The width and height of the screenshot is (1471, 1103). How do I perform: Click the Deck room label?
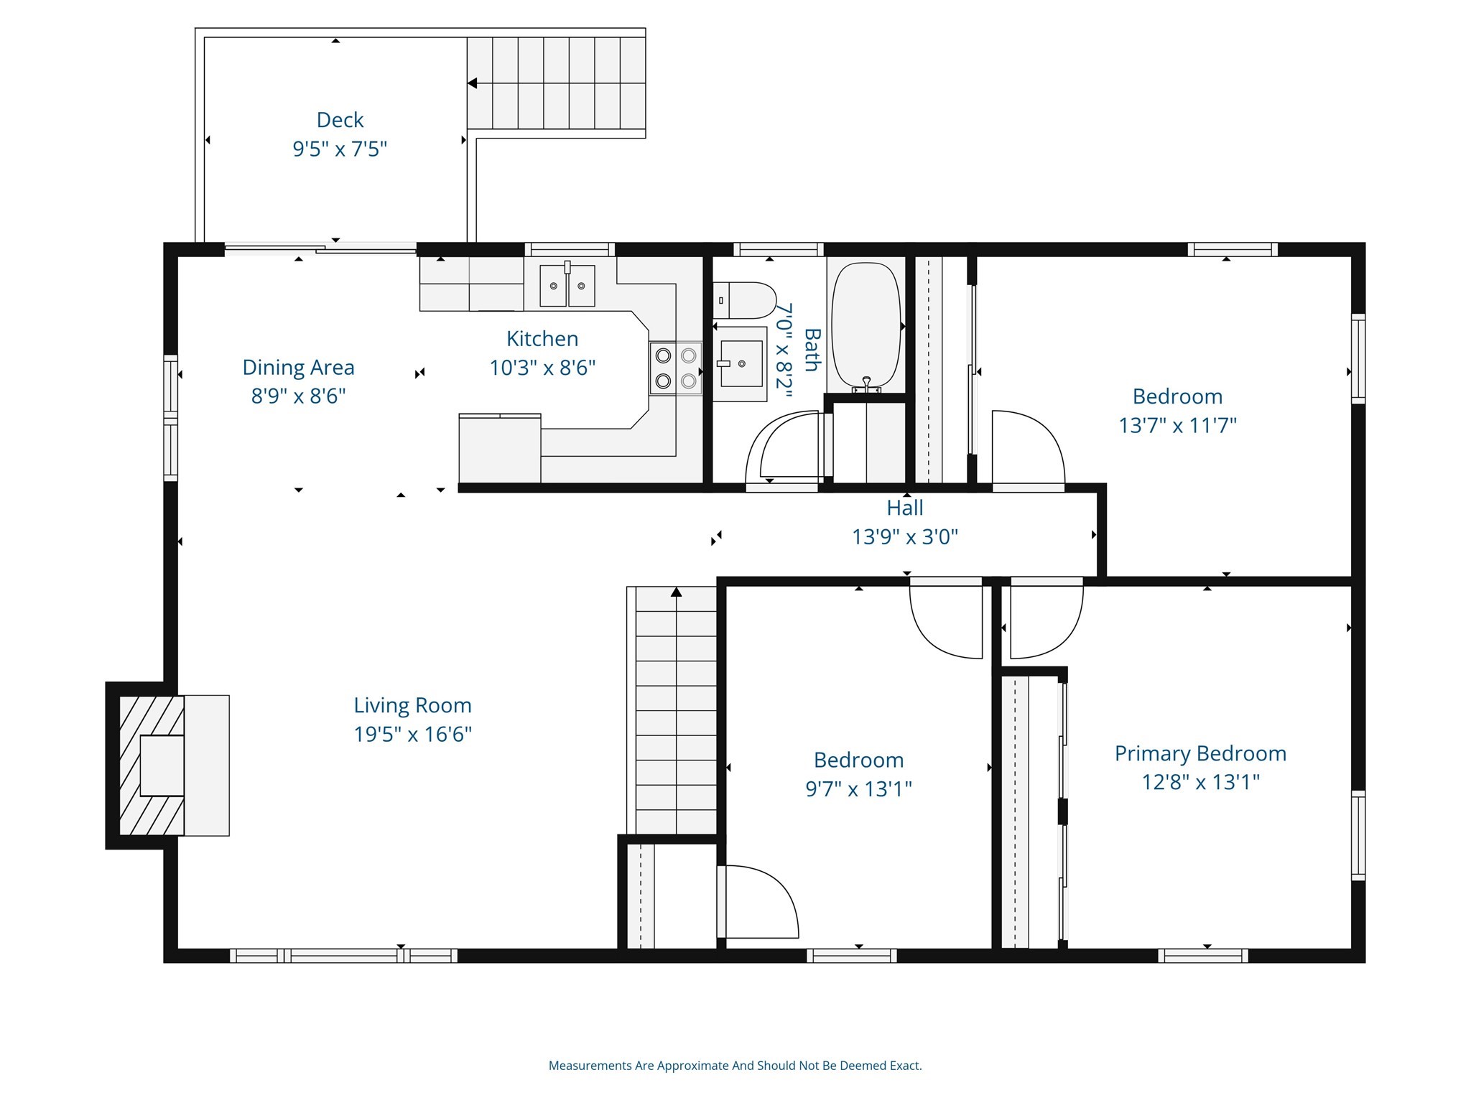340,120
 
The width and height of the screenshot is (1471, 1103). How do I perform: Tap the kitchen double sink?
567,286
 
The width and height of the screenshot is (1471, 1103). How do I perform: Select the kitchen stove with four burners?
675,368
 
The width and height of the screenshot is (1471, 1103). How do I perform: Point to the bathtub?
866,327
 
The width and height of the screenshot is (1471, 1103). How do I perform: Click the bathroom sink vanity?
741,364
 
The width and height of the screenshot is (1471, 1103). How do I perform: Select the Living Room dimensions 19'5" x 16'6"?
412,735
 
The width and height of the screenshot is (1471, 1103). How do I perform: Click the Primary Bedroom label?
1199,753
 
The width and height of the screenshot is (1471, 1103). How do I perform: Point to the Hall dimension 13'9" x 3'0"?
904,537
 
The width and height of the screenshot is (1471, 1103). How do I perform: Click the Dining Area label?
298,368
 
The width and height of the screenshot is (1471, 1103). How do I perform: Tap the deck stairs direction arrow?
473,84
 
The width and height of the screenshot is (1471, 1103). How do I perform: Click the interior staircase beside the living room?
675,711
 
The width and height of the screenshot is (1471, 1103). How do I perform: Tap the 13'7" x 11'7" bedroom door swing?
1027,449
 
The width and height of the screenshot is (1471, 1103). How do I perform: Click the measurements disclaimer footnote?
735,1066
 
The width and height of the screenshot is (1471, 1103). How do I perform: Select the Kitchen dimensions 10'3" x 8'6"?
542,368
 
